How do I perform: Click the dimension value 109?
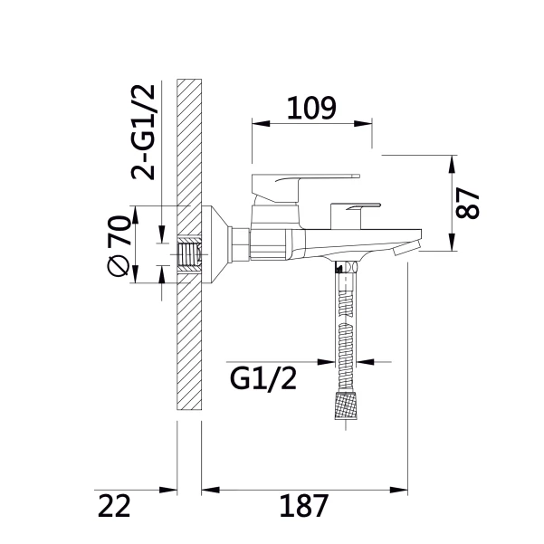(x=311, y=108)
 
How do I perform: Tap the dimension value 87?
(x=467, y=204)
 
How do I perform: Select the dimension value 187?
(x=304, y=506)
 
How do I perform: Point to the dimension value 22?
(x=114, y=506)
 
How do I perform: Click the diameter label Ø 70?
(x=119, y=245)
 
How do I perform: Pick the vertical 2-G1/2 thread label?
(x=143, y=132)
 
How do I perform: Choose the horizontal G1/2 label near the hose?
(x=263, y=378)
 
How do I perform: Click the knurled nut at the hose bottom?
(x=346, y=406)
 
